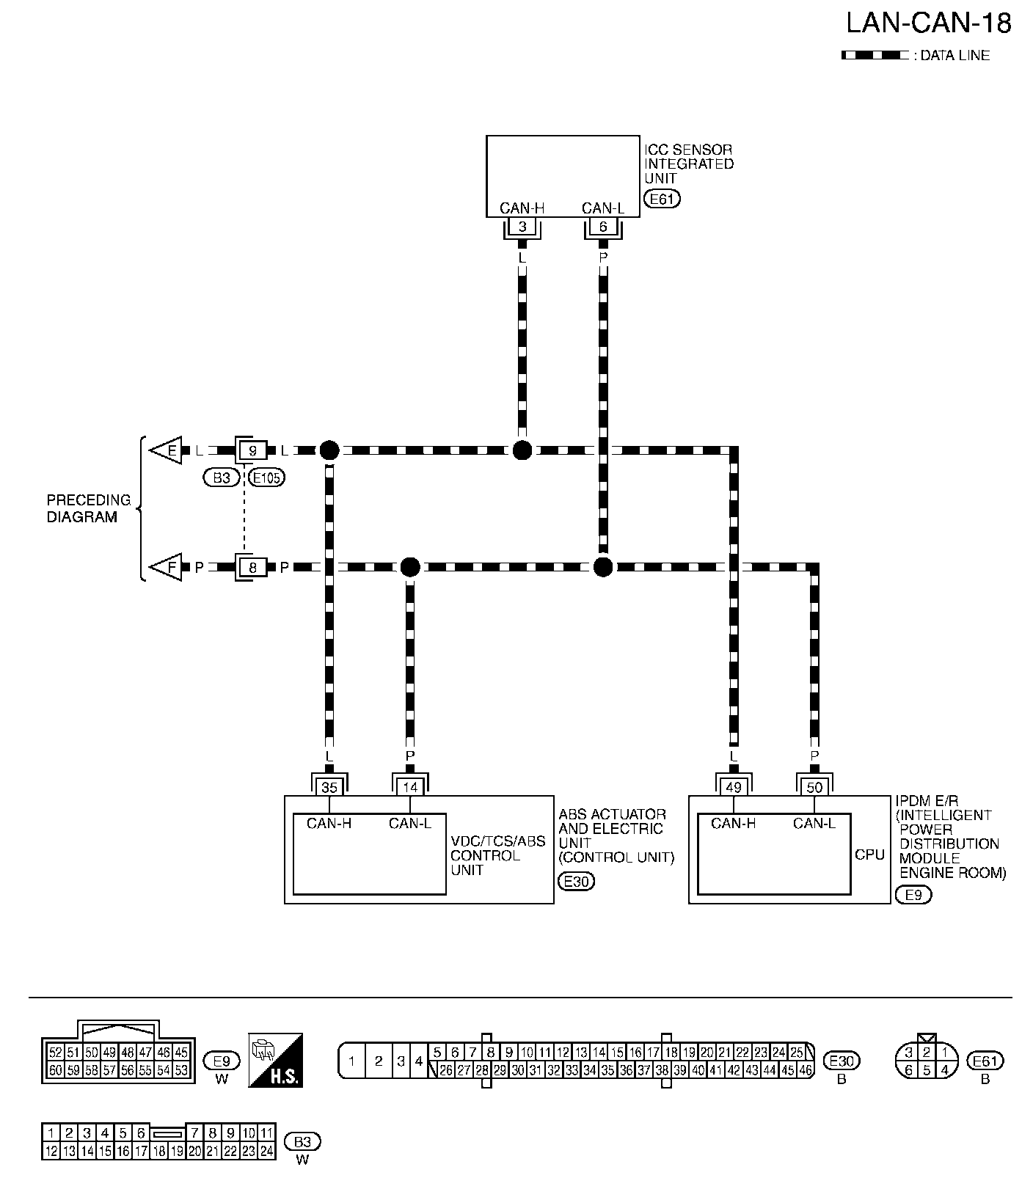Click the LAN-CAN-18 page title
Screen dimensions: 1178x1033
point(928,23)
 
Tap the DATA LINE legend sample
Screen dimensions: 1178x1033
point(875,55)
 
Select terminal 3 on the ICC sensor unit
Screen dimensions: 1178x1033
point(522,227)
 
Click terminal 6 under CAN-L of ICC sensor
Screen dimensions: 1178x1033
point(603,227)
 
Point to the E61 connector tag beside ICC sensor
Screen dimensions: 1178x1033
point(661,198)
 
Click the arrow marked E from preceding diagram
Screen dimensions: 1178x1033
point(167,450)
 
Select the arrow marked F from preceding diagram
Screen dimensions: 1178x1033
point(167,567)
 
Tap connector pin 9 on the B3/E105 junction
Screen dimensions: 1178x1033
point(252,450)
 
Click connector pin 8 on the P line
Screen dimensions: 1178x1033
point(252,567)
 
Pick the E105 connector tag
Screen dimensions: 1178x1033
point(266,478)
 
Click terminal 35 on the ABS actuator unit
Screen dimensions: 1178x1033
point(329,787)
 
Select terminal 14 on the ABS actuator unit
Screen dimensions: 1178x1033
point(410,787)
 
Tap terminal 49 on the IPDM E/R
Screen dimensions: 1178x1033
point(734,787)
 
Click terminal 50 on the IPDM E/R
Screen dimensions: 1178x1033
point(814,787)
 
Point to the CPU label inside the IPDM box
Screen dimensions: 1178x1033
point(869,855)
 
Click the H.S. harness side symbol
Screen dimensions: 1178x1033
point(276,1061)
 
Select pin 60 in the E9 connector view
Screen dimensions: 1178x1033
point(55,1070)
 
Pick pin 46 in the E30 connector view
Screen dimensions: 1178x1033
point(806,1070)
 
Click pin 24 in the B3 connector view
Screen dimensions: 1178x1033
point(266,1152)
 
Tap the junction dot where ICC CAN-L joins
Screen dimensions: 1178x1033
point(602,567)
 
